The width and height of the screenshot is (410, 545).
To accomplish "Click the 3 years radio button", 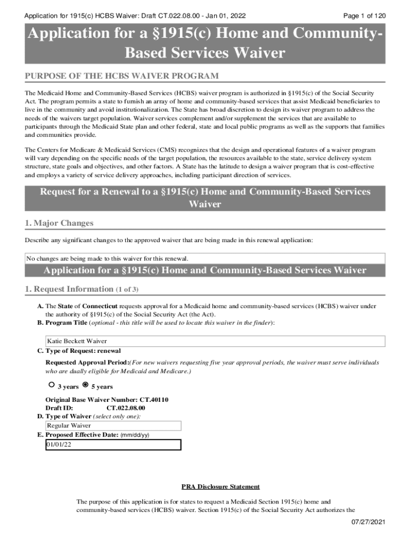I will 51,384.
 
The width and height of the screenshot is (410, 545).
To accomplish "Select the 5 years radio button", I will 85,384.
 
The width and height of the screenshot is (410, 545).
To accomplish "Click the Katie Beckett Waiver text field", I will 215,341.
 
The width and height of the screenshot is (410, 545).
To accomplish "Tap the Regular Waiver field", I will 113,426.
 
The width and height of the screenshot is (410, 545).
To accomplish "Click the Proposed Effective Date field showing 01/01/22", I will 113,444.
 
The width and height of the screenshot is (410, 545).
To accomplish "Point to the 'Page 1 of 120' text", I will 365,16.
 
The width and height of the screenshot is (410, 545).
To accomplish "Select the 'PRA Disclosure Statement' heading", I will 220,486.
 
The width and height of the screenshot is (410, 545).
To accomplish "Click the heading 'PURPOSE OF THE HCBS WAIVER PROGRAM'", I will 122,76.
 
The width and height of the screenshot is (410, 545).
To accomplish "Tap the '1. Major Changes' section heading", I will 59,222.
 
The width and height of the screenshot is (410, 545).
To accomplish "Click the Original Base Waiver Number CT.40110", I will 107,400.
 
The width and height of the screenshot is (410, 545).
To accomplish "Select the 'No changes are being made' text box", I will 205,259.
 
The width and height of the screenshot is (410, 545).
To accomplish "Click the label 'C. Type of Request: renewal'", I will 79,351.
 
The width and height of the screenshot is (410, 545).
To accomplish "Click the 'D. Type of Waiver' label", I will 64,417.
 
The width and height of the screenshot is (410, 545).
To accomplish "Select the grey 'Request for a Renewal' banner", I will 205,198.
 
